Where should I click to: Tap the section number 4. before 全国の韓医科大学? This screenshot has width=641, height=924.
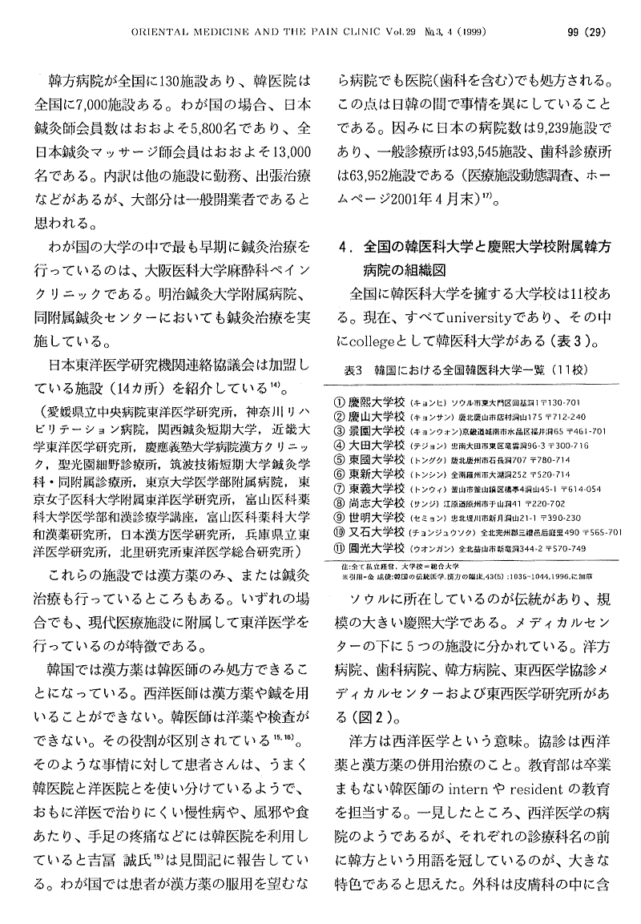click(345, 244)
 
